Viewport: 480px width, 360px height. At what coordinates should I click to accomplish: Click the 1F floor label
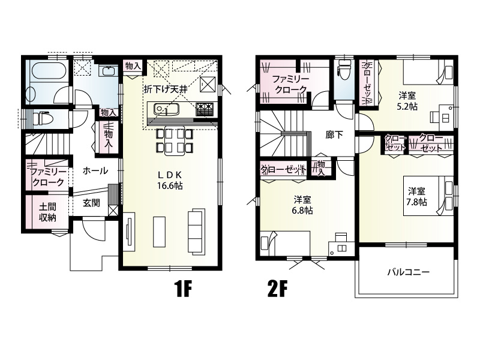[x=183, y=289]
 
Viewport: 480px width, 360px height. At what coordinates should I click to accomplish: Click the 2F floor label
[x=278, y=289]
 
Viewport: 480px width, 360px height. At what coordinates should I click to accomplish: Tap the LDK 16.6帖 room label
[x=170, y=180]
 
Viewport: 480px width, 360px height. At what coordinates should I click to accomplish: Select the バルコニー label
[x=409, y=272]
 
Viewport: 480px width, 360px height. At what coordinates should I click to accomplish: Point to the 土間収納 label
[x=47, y=212]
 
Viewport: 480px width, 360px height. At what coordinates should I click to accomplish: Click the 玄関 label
[x=91, y=203]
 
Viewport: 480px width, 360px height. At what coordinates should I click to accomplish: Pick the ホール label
[x=95, y=170]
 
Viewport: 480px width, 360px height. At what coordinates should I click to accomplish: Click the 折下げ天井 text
[x=166, y=89]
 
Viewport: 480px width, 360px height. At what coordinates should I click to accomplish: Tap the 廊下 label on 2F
[x=334, y=134]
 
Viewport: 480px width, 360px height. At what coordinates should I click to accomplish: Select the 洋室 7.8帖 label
[x=416, y=197]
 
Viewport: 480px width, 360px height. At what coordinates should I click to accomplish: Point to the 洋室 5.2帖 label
[x=407, y=101]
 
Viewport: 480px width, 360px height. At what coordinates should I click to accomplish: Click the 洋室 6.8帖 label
[x=303, y=205]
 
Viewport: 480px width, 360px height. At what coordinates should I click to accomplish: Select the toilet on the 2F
[x=344, y=70]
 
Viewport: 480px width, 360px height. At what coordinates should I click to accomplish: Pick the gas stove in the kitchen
[x=204, y=109]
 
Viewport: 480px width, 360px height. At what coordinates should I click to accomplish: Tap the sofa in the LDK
[x=197, y=232]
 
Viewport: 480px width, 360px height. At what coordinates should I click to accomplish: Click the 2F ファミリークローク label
[x=290, y=84]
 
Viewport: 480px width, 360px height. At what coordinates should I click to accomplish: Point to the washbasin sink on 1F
[x=109, y=71]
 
